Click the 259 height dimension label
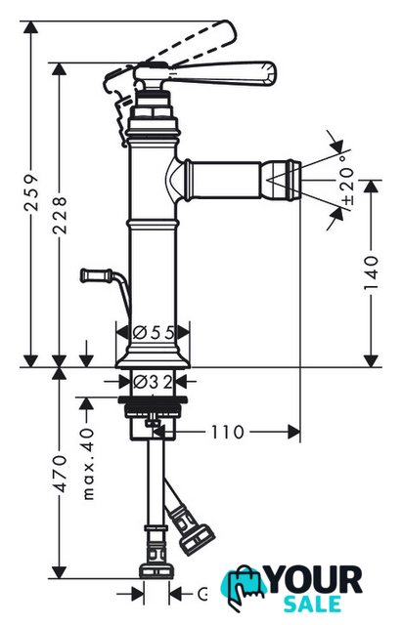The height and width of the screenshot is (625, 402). coord(31,193)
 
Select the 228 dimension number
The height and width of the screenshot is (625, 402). coord(60,215)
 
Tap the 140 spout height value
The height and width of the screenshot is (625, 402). coord(372,273)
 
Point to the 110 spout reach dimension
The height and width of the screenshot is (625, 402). coord(227,432)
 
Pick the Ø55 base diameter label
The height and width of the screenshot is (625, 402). coord(154,332)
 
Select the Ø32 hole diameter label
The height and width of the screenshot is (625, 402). coord(153,382)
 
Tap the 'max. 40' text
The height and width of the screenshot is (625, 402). coord(88,465)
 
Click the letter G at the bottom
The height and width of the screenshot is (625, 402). coord(202,595)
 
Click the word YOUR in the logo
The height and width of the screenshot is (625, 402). coord(315,580)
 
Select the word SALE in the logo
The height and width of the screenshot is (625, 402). coord(313,604)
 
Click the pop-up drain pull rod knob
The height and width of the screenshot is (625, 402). coord(96,275)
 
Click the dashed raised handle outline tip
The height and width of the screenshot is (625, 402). coord(228,32)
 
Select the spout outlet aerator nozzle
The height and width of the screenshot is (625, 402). coord(281,180)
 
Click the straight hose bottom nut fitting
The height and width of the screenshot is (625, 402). coord(156,570)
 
